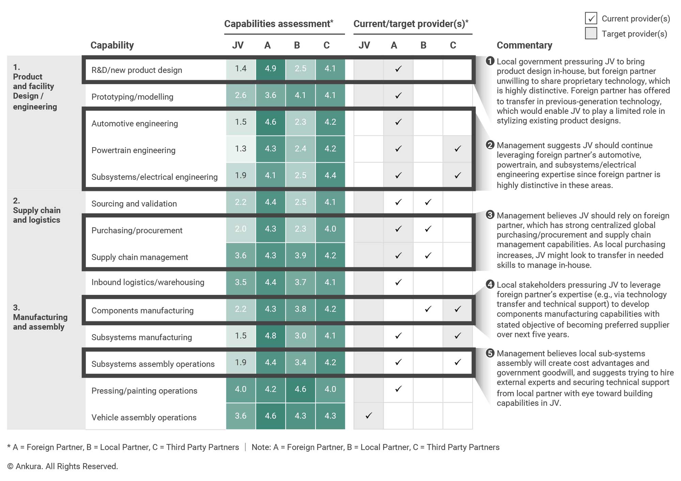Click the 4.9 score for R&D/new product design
[x=271, y=68]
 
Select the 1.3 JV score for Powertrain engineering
[x=241, y=149]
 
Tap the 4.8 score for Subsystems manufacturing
[x=271, y=336]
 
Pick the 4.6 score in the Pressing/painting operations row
[x=300, y=389]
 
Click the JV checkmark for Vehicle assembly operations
[x=368, y=416]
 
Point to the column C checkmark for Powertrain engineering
[x=458, y=149]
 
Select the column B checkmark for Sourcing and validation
[x=428, y=202]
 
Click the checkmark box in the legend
[x=591, y=18]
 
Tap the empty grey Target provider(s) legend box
[x=591, y=33]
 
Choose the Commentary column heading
[x=524, y=45]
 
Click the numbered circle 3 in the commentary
[x=490, y=215]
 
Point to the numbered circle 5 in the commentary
[x=490, y=353]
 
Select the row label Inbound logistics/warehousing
[x=148, y=282]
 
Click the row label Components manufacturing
[x=142, y=311]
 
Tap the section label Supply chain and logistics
[x=37, y=215]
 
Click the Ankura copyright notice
[x=63, y=466]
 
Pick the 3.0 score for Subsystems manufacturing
[x=300, y=336]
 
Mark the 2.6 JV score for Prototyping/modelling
[x=241, y=95]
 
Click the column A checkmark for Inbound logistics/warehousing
[x=398, y=282]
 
